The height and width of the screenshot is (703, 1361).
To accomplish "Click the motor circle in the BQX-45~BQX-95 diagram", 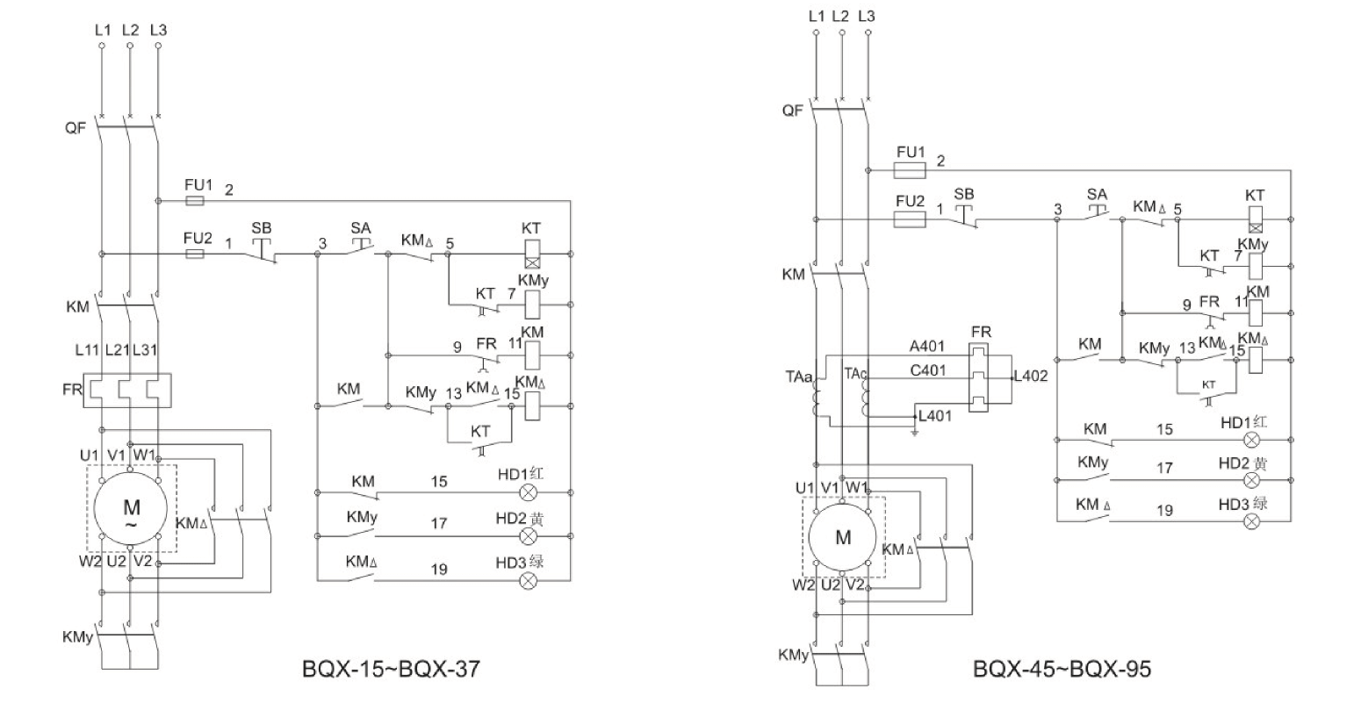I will point(843,537).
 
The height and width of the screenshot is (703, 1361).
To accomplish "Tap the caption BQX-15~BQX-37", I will point(391,670).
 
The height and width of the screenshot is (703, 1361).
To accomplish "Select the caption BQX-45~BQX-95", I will point(1062,670).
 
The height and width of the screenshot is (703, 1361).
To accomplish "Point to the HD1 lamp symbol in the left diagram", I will point(529,492).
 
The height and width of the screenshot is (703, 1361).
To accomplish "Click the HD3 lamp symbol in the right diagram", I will point(1254,521).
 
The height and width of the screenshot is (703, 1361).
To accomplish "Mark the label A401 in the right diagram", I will point(927,347).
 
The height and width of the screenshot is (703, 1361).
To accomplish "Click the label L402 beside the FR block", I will point(1030,376).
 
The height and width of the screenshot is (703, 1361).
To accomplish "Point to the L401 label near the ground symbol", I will point(936,416).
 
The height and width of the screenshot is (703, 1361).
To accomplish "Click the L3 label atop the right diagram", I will point(867,16).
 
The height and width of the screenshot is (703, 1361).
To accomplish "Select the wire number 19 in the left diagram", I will point(439,570).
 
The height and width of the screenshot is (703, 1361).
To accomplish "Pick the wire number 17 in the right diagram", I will point(1164,468).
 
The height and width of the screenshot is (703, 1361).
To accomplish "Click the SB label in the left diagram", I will point(262,228).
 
